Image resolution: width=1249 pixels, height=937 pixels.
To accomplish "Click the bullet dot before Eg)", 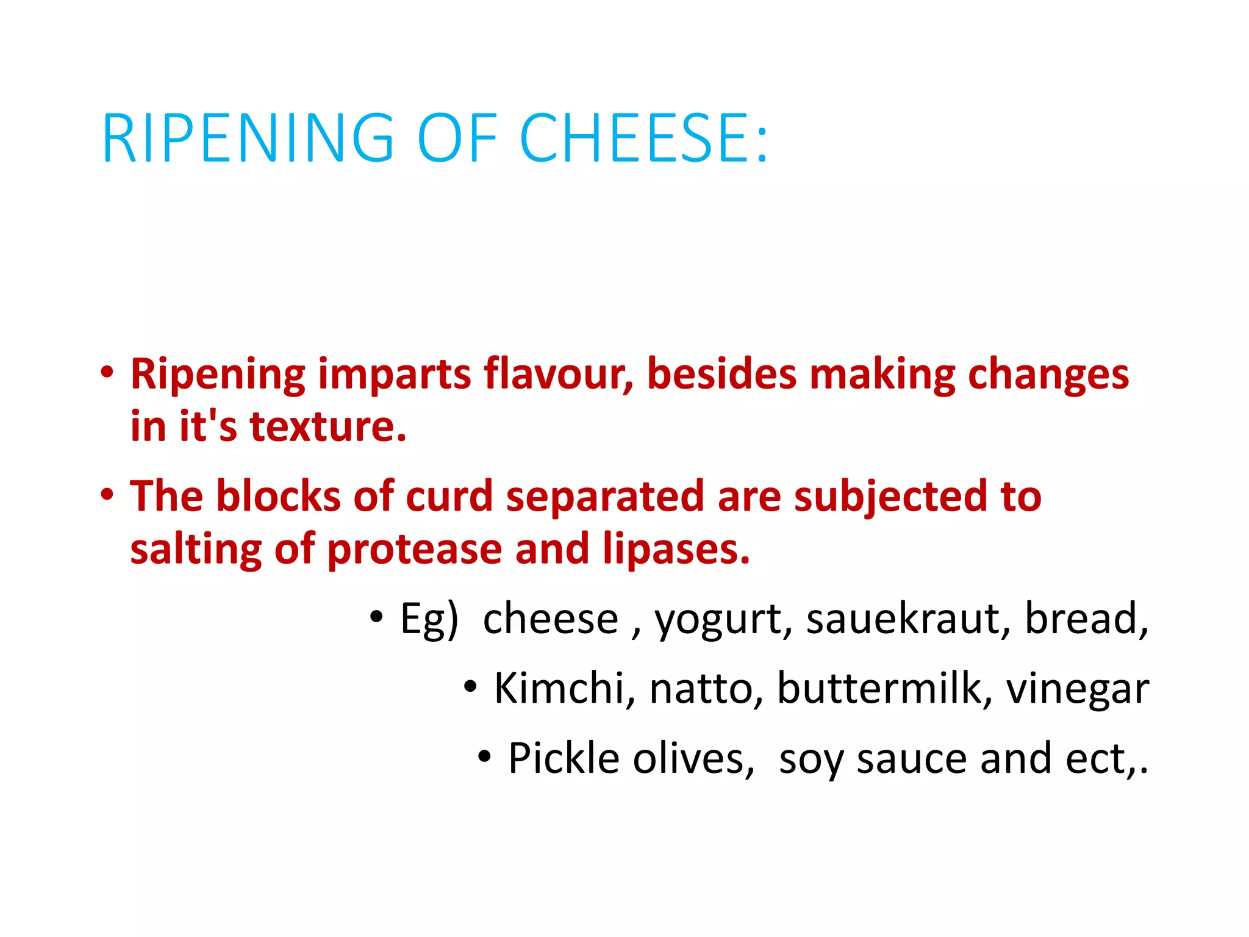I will [x=376, y=617].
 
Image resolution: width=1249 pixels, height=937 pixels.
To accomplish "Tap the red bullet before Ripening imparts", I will [x=107, y=372].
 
